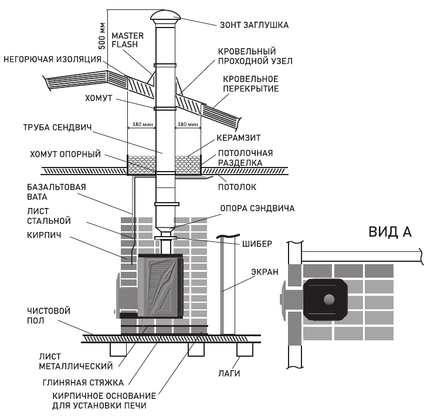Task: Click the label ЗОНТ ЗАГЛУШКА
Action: tap(254, 25)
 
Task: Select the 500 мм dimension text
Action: tap(102, 36)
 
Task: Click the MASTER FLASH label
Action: tap(128, 40)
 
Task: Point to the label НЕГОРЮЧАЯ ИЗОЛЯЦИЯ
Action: tap(52, 59)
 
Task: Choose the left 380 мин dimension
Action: tap(143, 124)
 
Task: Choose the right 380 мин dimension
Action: tap(188, 124)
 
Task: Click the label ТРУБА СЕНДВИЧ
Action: tap(57, 128)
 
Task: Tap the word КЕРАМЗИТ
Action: tap(238, 138)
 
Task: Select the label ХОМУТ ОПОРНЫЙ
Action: tap(65, 154)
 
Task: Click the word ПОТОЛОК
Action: tap(237, 187)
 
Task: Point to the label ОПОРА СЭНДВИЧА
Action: tap(257, 208)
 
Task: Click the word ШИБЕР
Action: tap(257, 244)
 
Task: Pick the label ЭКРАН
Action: tap(265, 272)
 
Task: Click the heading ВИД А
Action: tap(390, 232)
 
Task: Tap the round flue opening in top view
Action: tap(329, 299)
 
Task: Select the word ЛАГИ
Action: tap(229, 374)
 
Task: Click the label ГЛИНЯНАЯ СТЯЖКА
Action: tap(83, 383)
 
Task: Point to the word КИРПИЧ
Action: tap(44, 235)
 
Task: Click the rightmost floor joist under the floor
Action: tap(245, 350)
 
